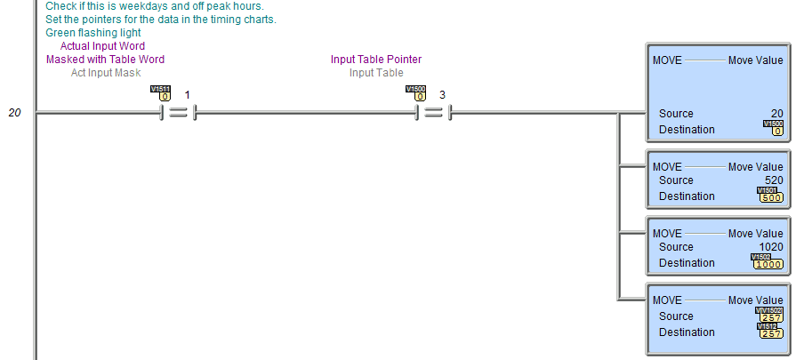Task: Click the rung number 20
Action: tap(15, 113)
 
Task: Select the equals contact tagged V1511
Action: tap(177, 113)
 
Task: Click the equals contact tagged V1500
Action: tap(433, 113)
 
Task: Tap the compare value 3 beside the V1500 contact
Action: tap(442, 95)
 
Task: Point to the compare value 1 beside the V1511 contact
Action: tap(187, 95)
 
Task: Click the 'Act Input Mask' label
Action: tap(106, 73)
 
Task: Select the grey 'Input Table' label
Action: tap(376, 73)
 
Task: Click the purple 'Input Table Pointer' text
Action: tap(376, 60)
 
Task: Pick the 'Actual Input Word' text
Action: tap(102, 46)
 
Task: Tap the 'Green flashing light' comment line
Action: tap(92, 33)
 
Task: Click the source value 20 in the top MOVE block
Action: tap(776, 114)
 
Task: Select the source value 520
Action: tap(774, 180)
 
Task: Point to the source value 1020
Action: tap(771, 247)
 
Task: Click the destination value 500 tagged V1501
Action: tap(771, 197)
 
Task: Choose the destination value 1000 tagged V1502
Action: tap(768, 264)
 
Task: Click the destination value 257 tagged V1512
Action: tap(771, 334)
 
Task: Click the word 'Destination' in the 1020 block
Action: tap(687, 263)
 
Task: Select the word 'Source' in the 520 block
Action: tap(676, 180)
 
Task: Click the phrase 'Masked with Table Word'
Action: tap(105, 60)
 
